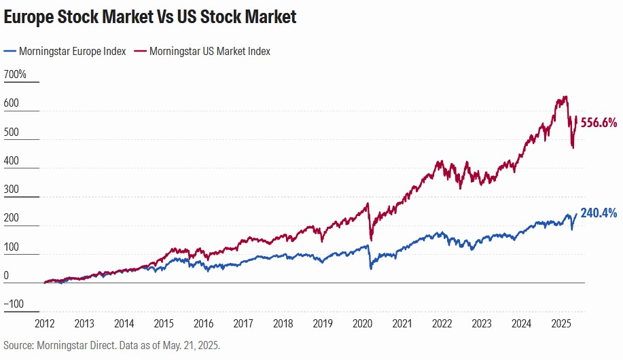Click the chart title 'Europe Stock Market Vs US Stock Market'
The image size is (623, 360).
tap(150, 17)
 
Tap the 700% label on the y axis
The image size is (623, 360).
tap(15, 74)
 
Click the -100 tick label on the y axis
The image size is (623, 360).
tap(15, 303)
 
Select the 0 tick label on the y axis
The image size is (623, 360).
tap(6, 276)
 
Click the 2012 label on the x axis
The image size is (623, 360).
tap(44, 323)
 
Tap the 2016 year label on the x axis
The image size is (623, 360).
tap(202, 323)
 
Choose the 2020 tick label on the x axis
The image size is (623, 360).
tap(362, 323)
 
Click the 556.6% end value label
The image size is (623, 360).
tap(599, 123)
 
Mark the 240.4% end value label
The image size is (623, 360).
tap(599, 213)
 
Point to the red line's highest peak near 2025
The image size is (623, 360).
tap(566, 96)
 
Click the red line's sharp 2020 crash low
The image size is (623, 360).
tap(370, 240)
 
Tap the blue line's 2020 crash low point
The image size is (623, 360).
tap(371, 269)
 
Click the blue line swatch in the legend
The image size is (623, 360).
tap(10, 51)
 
